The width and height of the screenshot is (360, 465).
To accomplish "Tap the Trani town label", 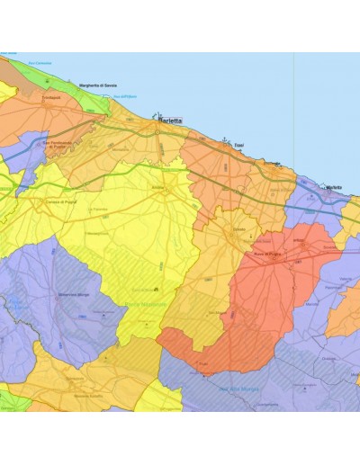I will (238, 145).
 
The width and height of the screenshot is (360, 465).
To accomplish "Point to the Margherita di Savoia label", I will (99, 85).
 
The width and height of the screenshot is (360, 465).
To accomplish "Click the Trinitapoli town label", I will (50, 97).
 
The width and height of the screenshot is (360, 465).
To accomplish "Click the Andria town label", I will (164, 188).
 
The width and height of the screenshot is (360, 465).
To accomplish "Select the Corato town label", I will (238, 229).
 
